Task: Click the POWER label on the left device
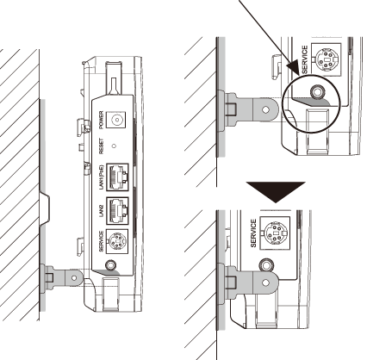point(101,119)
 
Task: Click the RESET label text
point(101,146)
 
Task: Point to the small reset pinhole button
point(115,146)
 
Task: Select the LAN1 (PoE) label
point(101,177)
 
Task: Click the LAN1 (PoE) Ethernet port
point(117,177)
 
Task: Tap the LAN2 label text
point(101,211)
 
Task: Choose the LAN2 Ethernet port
point(117,211)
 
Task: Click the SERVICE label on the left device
point(101,241)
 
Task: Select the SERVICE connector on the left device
point(117,241)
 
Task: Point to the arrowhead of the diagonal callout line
point(294,67)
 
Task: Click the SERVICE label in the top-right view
point(305,59)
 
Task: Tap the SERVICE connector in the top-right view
point(327,59)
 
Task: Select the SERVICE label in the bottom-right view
point(253,233)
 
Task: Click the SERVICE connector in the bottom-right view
point(275,233)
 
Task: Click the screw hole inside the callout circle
point(317,92)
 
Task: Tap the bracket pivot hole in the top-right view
point(266,109)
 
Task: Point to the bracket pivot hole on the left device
point(74,278)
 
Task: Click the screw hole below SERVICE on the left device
point(111,264)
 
